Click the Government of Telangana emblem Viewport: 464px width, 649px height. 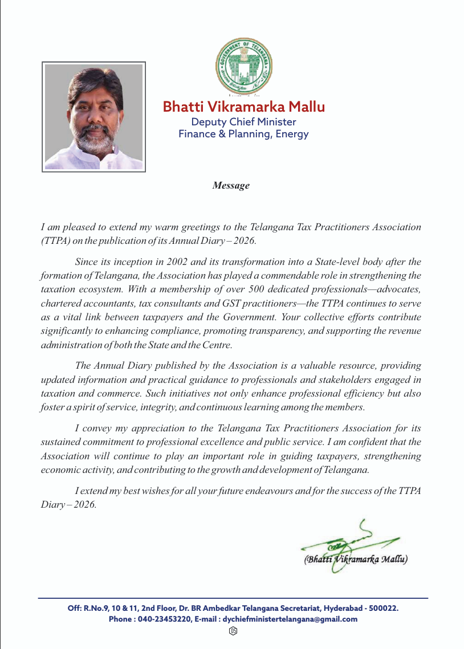pyautogui.click(x=244, y=67)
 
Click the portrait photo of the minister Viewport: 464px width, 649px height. pyautogui.click(x=94, y=117)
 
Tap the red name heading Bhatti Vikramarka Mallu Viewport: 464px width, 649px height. pyautogui.click(x=244, y=107)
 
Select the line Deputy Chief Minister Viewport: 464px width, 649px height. pyautogui.click(x=243, y=122)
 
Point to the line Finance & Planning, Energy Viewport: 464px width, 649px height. pyautogui.click(x=243, y=134)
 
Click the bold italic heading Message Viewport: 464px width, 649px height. pyautogui.click(x=231, y=185)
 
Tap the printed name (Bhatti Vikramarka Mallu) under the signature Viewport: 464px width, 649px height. pyautogui.click(x=356, y=559)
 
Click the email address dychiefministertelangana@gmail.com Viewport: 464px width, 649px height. pyautogui.click(x=290, y=619)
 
